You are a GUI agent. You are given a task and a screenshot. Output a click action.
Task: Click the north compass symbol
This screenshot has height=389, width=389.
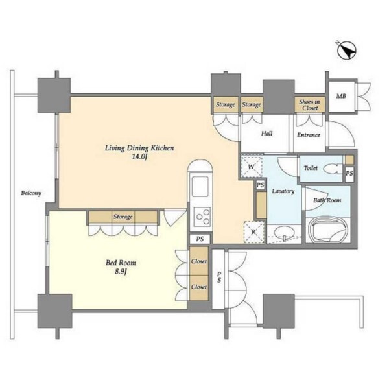pyautogui.click(x=346, y=51)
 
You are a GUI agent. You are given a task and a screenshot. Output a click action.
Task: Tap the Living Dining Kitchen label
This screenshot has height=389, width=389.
pyautogui.click(x=139, y=148)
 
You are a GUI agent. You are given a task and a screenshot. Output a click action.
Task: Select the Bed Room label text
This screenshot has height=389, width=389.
pyautogui.click(x=121, y=263)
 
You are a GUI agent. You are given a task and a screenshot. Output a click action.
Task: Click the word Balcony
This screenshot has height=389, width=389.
pyautogui.click(x=31, y=193)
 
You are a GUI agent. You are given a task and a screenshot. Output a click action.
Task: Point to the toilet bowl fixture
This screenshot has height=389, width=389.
pyautogui.click(x=333, y=169)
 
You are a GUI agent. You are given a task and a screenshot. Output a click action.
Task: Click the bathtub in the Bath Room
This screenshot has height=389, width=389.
pyautogui.click(x=327, y=230)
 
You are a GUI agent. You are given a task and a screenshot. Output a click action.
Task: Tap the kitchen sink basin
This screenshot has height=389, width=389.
pyautogui.click(x=200, y=186)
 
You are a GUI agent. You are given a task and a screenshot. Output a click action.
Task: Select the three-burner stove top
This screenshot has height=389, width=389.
pyautogui.click(x=202, y=216)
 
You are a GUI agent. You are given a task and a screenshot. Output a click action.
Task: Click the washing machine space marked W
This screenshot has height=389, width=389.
pyautogui.click(x=252, y=166)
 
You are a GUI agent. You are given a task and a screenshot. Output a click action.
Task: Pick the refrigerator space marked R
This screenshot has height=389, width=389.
pyautogui.click(x=253, y=232)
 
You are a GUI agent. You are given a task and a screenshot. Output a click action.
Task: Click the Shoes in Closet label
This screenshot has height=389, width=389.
pyautogui.click(x=310, y=104)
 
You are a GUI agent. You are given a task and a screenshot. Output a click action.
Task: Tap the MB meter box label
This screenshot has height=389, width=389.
pyautogui.click(x=341, y=96)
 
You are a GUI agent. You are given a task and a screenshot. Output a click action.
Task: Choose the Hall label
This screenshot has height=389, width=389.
pyautogui.click(x=266, y=134)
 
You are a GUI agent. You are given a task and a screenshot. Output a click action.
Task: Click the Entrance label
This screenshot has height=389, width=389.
pyautogui.click(x=309, y=135)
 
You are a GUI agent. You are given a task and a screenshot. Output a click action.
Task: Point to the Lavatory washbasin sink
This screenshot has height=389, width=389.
pyautogui.click(x=283, y=233)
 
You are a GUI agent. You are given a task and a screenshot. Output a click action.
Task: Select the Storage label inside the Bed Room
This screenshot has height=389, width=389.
pyautogui.click(x=123, y=217)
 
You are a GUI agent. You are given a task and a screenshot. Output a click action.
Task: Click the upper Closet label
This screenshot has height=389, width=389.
pyautogui.click(x=199, y=261)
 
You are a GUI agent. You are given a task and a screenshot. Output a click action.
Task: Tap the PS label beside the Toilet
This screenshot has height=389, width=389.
pyautogui.click(x=349, y=173)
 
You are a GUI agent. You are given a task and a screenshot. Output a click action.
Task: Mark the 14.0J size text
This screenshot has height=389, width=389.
pyautogui.click(x=139, y=157)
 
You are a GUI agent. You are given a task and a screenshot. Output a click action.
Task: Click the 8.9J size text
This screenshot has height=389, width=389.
pyautogui.click(x=121, y=272)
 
